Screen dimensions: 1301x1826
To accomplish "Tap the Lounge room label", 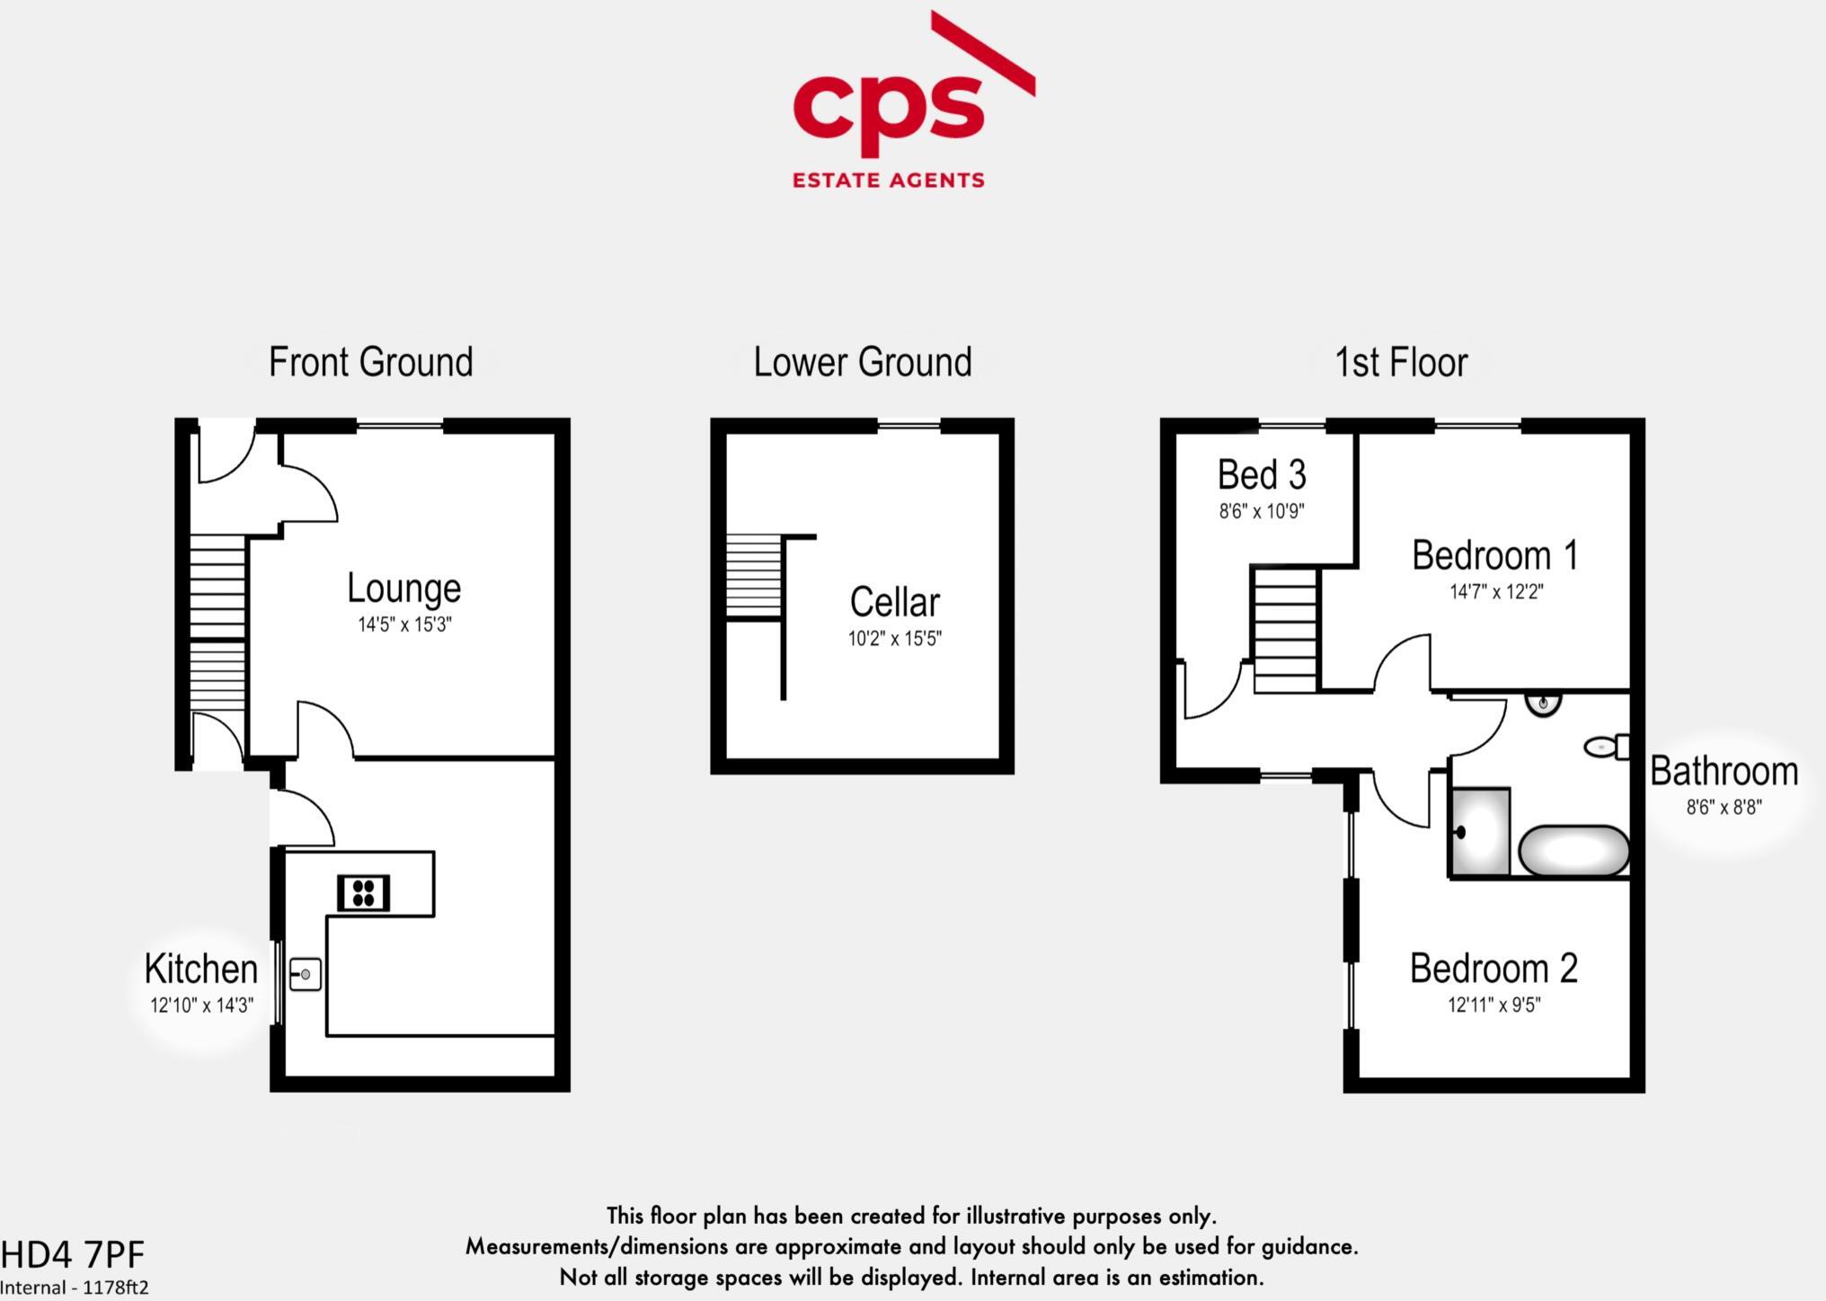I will (403, 589).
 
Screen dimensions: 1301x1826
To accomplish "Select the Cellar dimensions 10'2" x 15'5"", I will (894, 639).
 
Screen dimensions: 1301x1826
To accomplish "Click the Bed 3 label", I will (1261, 475).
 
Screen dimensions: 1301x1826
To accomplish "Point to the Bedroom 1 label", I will (1494, 555).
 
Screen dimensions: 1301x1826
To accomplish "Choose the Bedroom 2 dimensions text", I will (1494, 1005).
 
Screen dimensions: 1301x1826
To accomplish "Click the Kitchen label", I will (200, 969).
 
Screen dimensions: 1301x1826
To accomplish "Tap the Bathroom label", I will (1724, 772).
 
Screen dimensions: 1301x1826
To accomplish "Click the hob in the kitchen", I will (364, 892).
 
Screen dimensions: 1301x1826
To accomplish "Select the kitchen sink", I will (305, 974).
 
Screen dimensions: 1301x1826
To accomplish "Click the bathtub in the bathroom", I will (1573, 851).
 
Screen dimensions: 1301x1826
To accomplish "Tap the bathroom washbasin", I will (1543, 703).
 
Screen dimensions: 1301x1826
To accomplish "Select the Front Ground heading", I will (370, 362).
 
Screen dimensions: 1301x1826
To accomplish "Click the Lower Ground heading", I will (862, 362).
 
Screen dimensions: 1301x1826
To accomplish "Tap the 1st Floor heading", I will (1400, 362).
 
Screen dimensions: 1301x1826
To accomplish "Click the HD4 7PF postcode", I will (72, 1254).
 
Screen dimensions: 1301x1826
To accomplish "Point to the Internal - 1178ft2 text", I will (75, 1288).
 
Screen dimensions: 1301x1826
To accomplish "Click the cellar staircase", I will (753, 576).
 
